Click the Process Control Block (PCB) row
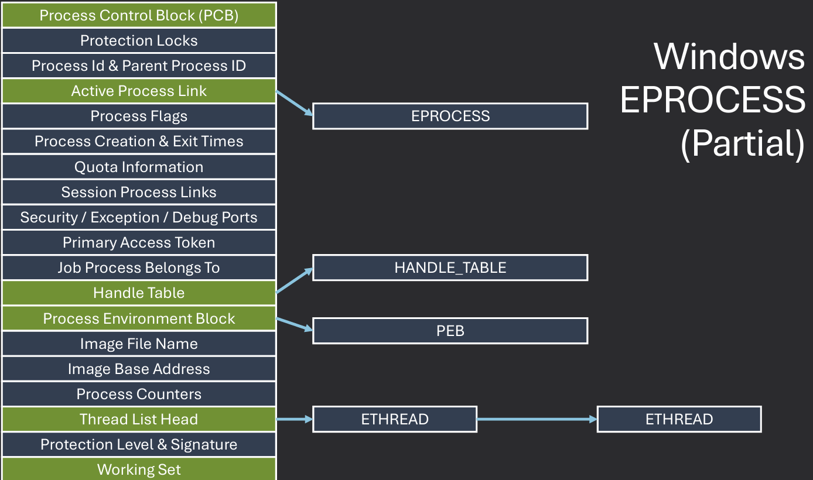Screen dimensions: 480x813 [x=139, y=15]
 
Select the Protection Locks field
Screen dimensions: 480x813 [x=139, y=40]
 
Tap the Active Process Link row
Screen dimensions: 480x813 [x=139, y=91]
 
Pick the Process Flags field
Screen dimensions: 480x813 [x=139, y=116]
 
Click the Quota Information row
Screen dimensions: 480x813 [x=139, y=167]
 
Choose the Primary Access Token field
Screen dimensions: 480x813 [x=139, y=242]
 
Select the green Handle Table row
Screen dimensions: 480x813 [x=139, y=293]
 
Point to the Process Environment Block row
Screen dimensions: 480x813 [x=139, y=318]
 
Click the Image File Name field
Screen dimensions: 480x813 [x=139, y=344]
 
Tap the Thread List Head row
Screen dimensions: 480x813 [x=139, y=419]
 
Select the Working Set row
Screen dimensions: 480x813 [x=139, y=469]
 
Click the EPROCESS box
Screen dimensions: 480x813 [x=450, y=116]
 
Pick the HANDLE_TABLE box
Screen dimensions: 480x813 [x=450, y=268]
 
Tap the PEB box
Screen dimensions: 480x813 [x=450, y=331]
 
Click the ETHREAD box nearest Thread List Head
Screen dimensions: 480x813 [x=395, y=419]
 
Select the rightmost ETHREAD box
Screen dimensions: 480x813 [x=679, y=419]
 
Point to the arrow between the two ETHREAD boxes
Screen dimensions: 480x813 [x=537, y=419]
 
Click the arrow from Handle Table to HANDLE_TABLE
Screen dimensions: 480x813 [x=294, y=281]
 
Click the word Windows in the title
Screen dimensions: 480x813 [x=729, y=57]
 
